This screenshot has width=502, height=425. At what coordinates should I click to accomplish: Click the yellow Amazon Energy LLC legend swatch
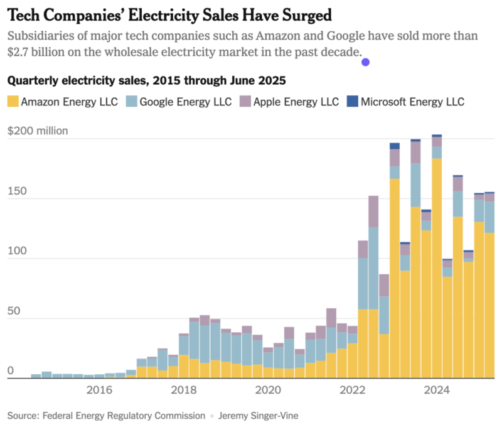coord(13,102)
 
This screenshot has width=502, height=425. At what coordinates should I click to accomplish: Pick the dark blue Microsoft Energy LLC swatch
coord(352,102)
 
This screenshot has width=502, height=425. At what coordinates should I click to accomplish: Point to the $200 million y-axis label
coord(37,131)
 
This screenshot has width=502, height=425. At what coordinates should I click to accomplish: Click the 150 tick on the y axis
coord(16,191)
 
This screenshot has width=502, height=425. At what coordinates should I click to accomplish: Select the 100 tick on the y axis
coord(16,251)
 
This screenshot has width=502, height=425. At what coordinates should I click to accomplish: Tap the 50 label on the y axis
coord(13,311)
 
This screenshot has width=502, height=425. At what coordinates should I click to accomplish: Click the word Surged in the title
coord(299,14)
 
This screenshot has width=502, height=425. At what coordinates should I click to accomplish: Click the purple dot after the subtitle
coord(366,62)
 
